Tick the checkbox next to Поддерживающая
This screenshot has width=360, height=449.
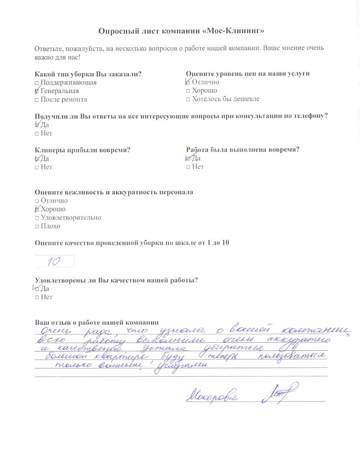(x=37, y=83)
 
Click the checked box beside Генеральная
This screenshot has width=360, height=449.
(x=37, y=92)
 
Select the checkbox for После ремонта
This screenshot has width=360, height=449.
(x=37, y=100)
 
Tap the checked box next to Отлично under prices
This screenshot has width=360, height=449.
(x=188, y=82)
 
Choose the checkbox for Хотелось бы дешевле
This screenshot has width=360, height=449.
(x=188, y=99)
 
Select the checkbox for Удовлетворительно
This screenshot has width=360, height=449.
(x=37, y=218)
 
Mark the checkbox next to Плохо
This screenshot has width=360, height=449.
(x=37, y=227)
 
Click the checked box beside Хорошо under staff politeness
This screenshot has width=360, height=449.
(x=37, y=210)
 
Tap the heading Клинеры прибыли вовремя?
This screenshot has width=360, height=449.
(x=82, y=150)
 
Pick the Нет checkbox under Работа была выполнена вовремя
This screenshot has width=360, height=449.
(x=188, y=167)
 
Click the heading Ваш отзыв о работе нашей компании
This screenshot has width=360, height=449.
(x=96, y=323)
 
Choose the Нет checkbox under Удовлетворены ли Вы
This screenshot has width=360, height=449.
(x=37, y=297)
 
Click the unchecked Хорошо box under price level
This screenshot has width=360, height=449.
(x=188, y=91)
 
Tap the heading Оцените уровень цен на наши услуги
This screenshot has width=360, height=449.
(x=248, y=74)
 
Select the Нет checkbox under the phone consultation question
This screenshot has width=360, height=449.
(x=37, y=134)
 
